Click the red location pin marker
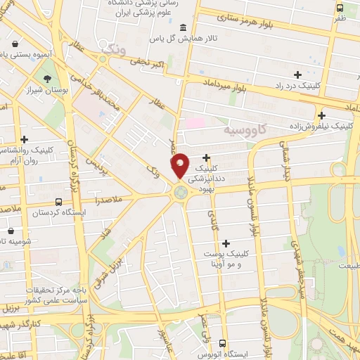click(180, 165)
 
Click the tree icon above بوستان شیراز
click(47, 79)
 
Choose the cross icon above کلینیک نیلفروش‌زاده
click(321, 115)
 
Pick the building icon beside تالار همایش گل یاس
click(184, 27)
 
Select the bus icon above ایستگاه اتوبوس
click(223, 343)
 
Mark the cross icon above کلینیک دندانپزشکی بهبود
click(207, 158)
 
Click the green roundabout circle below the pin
click(181, 191)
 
